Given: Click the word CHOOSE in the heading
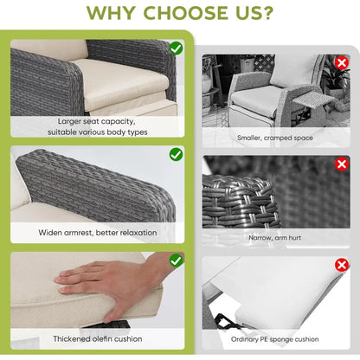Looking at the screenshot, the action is pyautogui.click(x=186, y=13).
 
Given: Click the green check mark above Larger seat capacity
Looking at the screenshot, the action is pyautogui.click(x=176, y=48).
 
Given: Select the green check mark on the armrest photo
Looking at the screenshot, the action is pyautogui.click(x=176, y=154).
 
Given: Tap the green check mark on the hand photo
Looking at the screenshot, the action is pyautogui.click(x=176, y=260).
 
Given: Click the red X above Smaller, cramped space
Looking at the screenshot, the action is pyautogui.click(x=342, y=62).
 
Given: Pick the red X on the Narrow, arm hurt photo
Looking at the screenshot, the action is pyautogui.click(x=342, y=164).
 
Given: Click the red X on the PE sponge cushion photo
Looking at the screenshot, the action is pyautogui.click(x=342, y=265).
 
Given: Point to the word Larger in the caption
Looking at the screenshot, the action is pyautogui.click(x=69, y=122).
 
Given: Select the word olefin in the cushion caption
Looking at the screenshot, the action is pyautogui.click(x=104, y=338).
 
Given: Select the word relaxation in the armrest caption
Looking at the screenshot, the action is pyautogui.click(x=138, y=233).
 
